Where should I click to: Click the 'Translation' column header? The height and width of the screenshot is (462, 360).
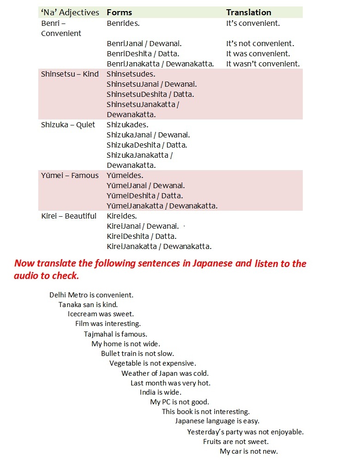[x=248, y=12]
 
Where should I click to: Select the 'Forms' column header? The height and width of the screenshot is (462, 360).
[x=119, y=12]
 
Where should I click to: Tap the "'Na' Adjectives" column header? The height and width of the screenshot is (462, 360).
[x=70, y=12]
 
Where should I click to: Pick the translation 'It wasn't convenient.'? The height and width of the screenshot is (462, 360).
[x=263, y=64]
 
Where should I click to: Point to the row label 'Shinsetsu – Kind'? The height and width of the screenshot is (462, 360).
[x=70, y=74]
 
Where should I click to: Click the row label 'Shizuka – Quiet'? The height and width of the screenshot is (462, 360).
[x=68, y=124]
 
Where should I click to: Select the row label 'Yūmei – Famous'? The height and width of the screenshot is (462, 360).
[x=70, y=175]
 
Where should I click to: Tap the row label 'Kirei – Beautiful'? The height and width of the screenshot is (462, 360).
[x=69, y=216]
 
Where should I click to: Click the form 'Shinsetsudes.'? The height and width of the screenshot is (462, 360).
[x=131, y=74]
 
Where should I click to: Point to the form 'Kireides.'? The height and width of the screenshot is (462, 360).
[x=121, y=216]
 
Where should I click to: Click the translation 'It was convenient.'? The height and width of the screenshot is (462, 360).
[x=258, y=53]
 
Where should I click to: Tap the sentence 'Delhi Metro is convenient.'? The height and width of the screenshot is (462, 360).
[x=91, y=295]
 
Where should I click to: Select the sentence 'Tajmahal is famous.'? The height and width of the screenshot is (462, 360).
[x=115, y=334]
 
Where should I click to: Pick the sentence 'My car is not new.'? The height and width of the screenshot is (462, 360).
[x=249, y=451]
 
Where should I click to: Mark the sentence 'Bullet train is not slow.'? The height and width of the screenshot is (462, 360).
[x=138, y=354]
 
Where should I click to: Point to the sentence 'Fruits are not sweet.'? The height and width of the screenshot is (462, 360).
[x=236, y=441]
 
